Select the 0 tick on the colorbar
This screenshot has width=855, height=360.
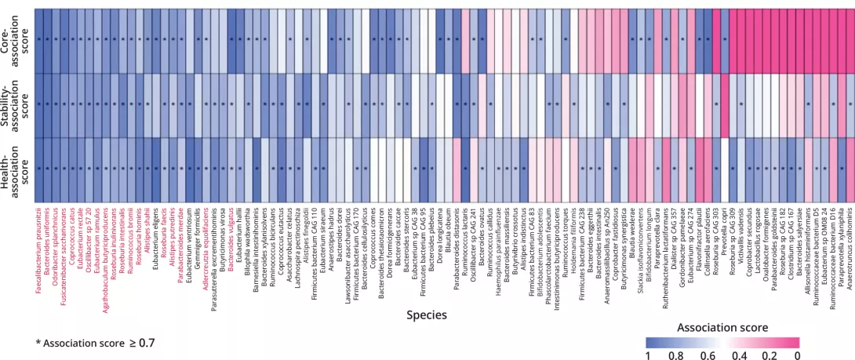797,334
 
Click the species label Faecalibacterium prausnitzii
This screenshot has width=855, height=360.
38,247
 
